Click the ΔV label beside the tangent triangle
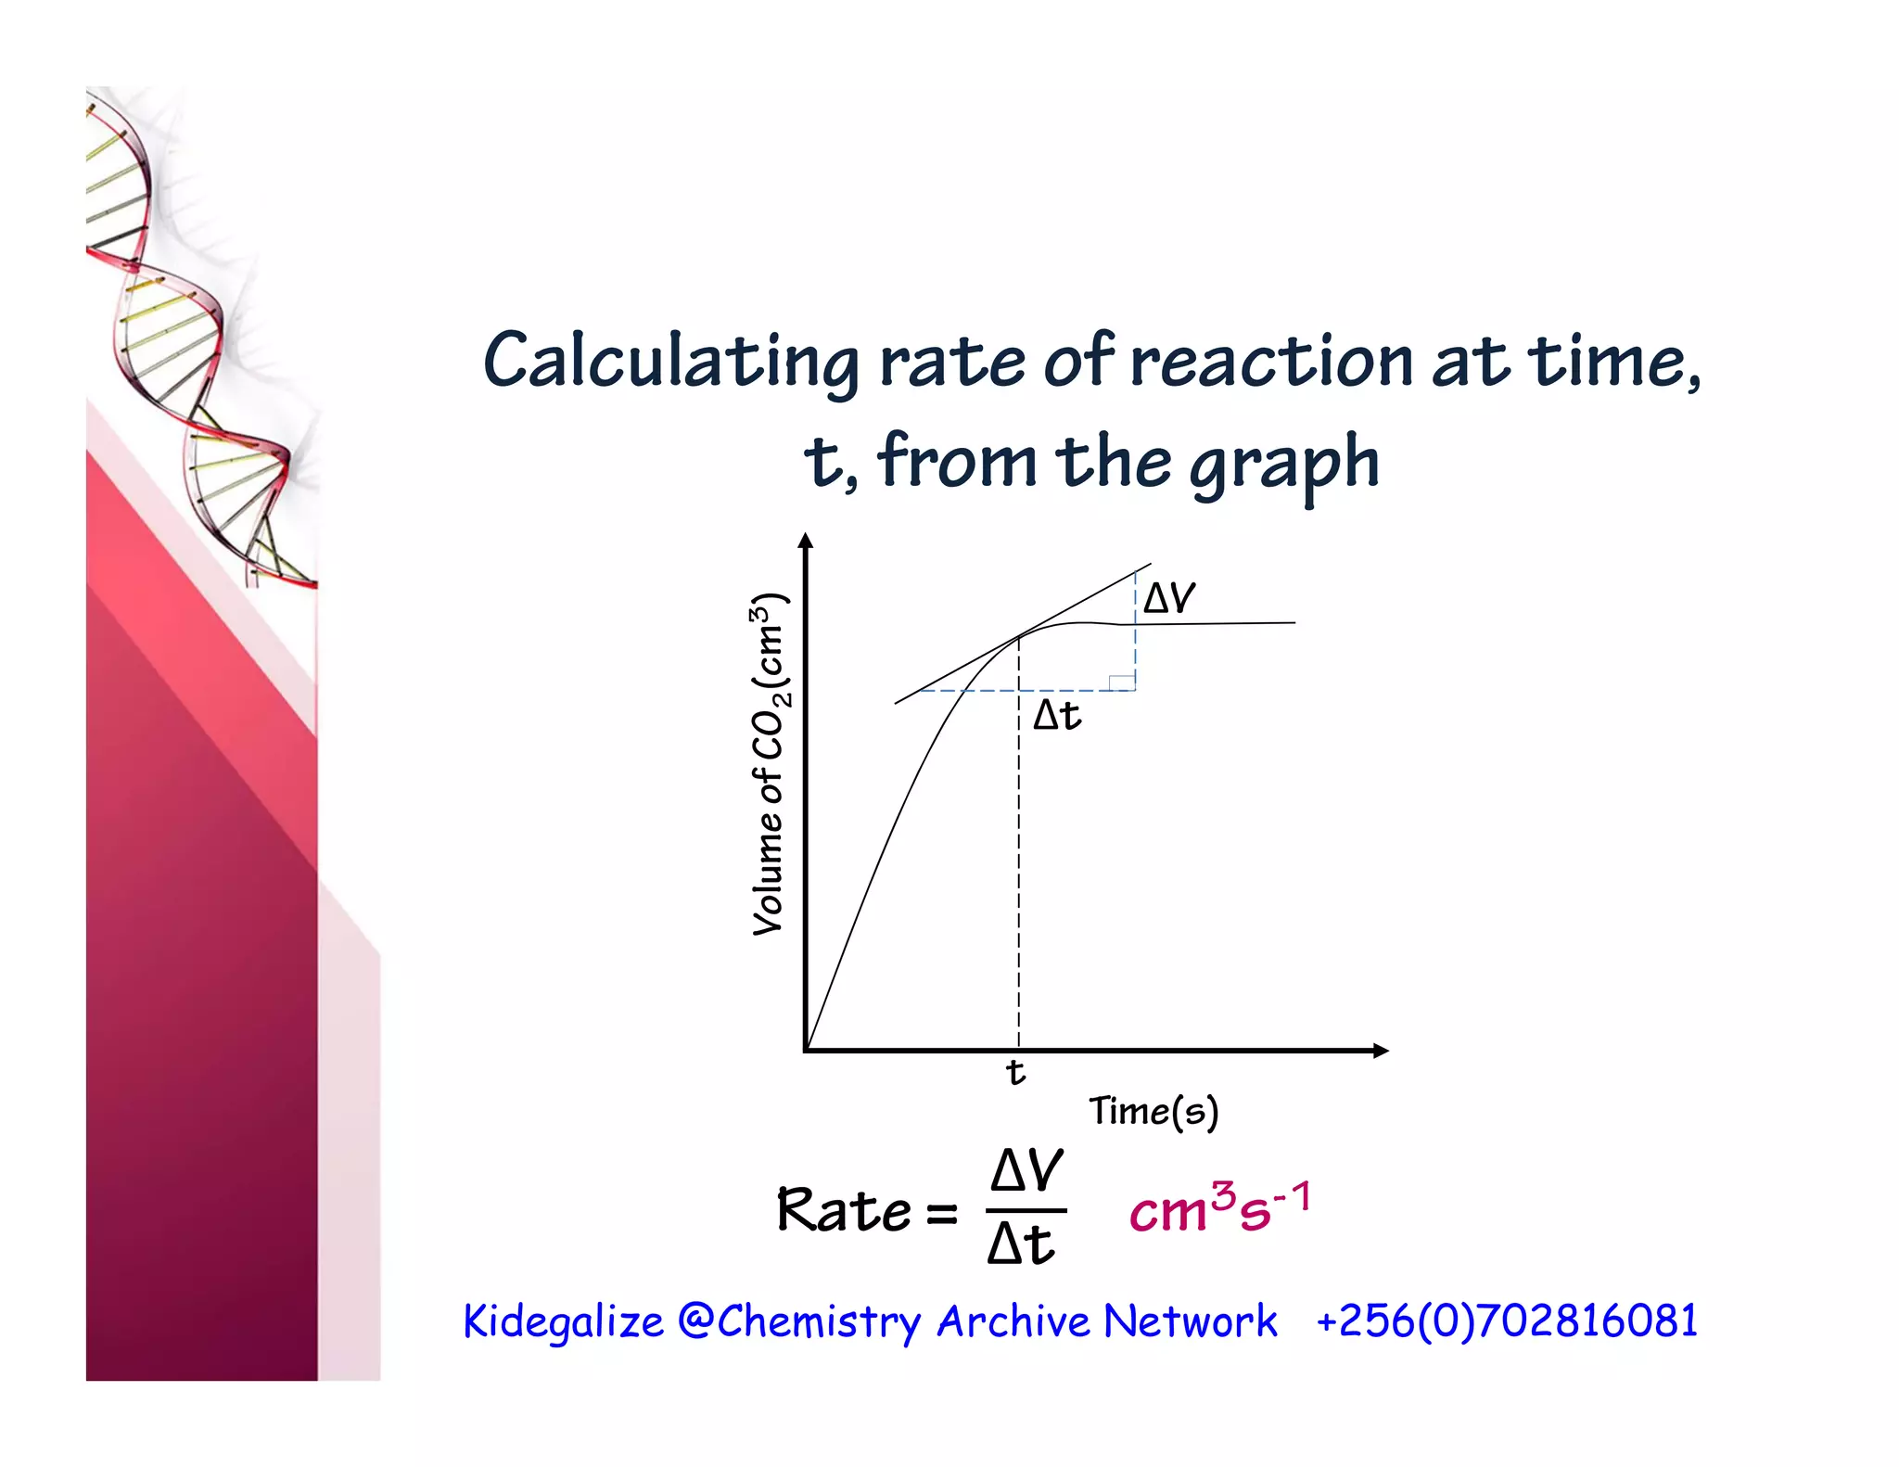pos(1168,598)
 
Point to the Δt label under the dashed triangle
pos(1057,715)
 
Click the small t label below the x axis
pos(1015,1072)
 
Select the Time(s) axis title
pos(1153,1111)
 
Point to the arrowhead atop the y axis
pos(806,542)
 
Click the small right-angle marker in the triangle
pos(1122,682)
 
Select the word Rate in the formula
pos(843,1211)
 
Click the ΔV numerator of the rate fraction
pos(1026,1170)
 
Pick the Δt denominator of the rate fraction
pos(1021,1244)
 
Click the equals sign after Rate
pos(941,1213)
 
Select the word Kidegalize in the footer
pos(563,1320)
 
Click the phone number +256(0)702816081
pos(1507,1320)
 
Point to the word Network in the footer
pos(1191,1320)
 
